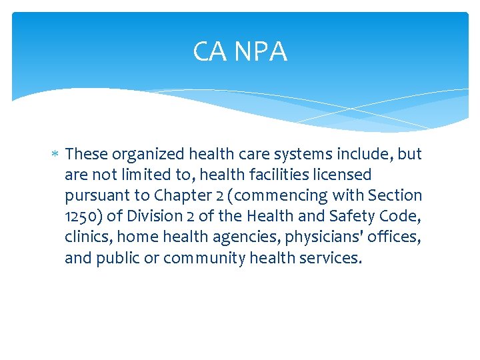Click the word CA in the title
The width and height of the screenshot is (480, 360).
tap(208, 51)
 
